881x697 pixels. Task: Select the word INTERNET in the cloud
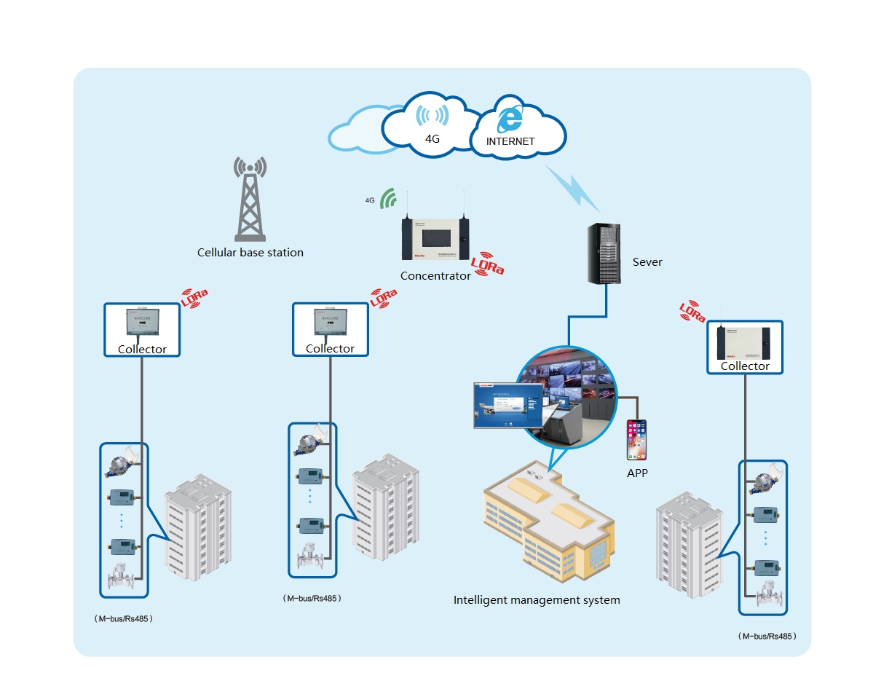tap(510, 141)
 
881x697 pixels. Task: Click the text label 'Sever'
tap(647, 262)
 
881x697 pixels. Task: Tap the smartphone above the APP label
tap(637, 440)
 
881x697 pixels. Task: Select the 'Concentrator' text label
tap(435, 276)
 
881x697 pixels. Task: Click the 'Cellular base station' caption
tap(250, 253)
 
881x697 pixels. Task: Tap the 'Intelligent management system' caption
tap(537, 600)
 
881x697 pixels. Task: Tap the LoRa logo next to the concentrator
tap(487, 265)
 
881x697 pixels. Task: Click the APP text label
tap(637, 473)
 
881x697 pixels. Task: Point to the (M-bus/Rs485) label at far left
tap(123, 618)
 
